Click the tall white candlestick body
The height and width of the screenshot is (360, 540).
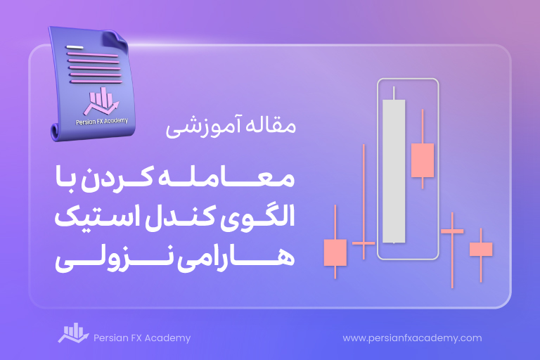(394, 172)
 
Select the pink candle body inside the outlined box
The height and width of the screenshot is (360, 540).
(423, 160)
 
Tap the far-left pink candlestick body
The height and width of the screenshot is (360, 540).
(335, 252)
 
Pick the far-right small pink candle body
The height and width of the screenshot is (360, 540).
(481, 249)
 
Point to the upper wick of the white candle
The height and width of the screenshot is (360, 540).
(394, 93)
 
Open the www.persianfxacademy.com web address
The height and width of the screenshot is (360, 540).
(412, 338)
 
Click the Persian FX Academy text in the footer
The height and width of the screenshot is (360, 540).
(142, 338)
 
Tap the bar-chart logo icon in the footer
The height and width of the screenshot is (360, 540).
(73, 333)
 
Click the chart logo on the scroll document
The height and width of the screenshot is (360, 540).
(101, 101)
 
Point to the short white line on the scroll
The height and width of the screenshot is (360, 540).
(75, 47)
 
